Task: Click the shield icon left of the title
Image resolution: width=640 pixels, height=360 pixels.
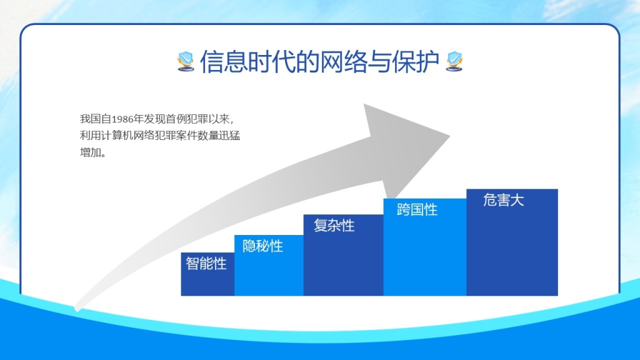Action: (x=186, y=61)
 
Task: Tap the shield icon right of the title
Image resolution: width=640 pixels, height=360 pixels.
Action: (x=454, y=61)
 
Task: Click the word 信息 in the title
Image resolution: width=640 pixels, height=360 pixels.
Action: (x=224, y=62)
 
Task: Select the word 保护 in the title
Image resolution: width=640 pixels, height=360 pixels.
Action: (x=416, y=62)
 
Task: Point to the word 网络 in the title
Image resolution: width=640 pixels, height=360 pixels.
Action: (x=343, y=62)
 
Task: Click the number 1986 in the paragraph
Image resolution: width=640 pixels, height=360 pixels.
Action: (x=122, y=119)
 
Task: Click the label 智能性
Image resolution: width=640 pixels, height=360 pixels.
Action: (x=206, y=263)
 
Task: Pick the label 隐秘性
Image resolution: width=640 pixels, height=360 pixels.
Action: (x=262, y=246)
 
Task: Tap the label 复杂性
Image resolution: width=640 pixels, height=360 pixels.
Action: (x=334, y=225)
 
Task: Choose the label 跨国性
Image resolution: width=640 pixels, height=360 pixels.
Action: (x=417, y=209)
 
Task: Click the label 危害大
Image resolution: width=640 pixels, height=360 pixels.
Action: (x=503, y=200)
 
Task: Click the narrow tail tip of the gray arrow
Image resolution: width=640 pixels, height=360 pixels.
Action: (x=76, y=309)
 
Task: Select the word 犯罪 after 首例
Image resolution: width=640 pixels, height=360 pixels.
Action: (x=197, y=119)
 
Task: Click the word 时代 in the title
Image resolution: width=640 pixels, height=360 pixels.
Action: (x=271, y=62)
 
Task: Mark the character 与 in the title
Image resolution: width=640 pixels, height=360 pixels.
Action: (x=379, y=62)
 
